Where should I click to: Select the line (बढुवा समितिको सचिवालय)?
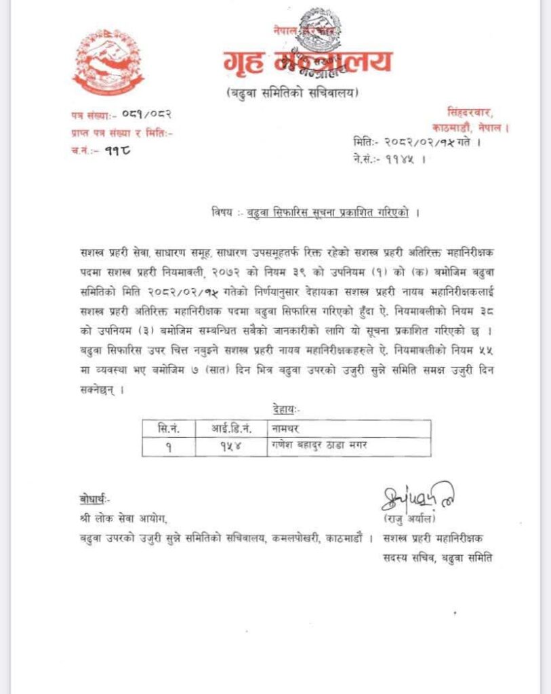point(293,93)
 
